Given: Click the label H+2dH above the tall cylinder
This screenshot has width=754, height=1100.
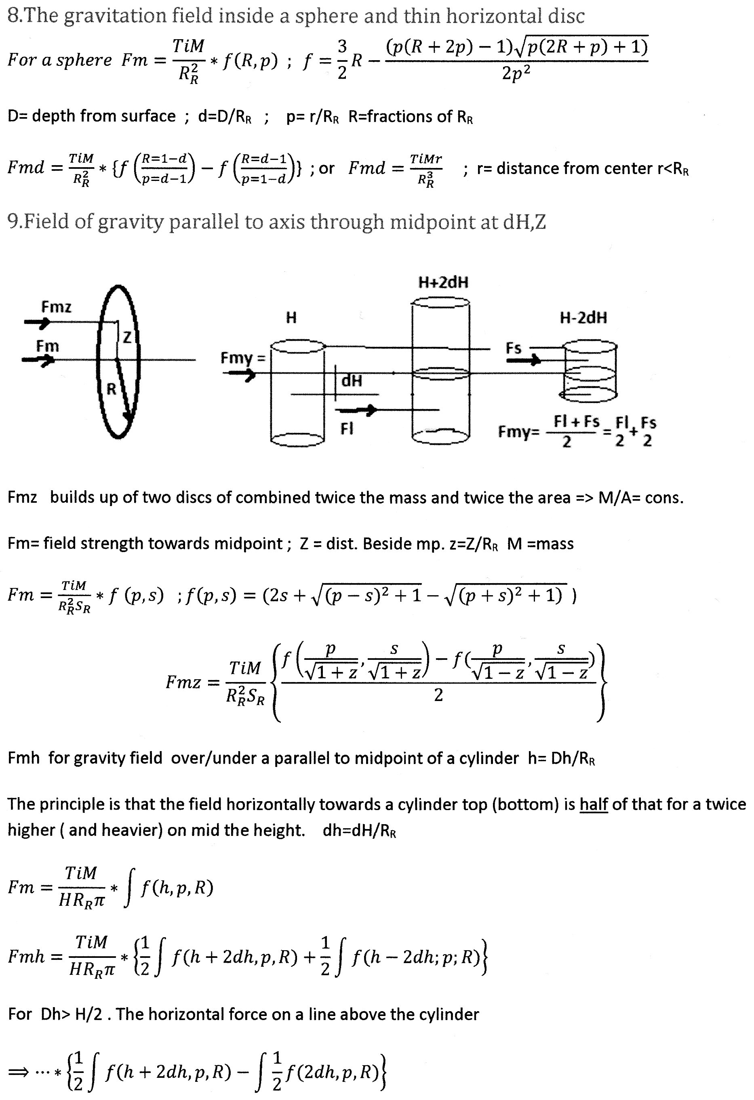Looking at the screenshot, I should (x=443, y=283).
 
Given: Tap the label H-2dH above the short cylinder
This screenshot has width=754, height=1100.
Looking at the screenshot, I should (x=583, y=317).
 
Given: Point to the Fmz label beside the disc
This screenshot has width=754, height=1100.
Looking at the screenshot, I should (x=56, y=307).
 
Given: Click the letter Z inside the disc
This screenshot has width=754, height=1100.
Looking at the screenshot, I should (x=127, y=338).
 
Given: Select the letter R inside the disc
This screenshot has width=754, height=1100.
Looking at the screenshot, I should (x=111, y=389).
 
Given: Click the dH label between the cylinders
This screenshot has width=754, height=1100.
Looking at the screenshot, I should (x=352, y=380).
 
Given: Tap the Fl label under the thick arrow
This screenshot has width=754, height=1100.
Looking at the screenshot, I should (x=347, y=429).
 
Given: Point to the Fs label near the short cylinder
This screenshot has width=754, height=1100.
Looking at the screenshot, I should (x=514, y=348).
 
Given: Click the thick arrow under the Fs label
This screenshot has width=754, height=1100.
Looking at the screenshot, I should (x=523, y=361).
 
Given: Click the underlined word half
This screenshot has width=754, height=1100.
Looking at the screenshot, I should (x=594, y=804).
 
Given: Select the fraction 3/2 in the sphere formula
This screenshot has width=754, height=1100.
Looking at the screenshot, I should (x=342, y=60).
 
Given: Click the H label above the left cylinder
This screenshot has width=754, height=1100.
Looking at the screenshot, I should (x=291, y=317).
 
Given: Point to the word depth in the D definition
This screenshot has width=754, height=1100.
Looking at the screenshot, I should (x=52, y=116).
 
